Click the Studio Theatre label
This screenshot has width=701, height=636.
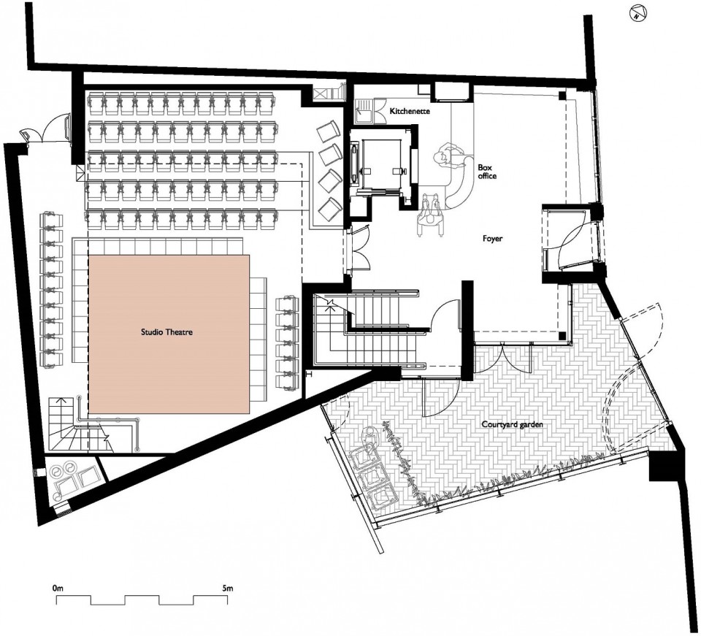tap(166, 332)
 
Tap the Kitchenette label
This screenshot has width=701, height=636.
tap(410, 111)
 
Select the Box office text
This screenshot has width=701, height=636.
tap(487, 172)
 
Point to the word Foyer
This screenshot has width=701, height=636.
tap(492, 238)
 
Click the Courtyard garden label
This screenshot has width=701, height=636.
tap(512, 424)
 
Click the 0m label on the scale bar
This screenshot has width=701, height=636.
tap(58, 588)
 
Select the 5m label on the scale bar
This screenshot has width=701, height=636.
tap(228, 588)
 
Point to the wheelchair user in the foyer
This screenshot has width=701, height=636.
tap(429, 213)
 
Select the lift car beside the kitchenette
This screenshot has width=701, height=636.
tap(382, 163)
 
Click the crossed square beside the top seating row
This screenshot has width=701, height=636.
tap(321, 94)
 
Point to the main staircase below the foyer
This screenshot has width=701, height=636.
tap(367, 329)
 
